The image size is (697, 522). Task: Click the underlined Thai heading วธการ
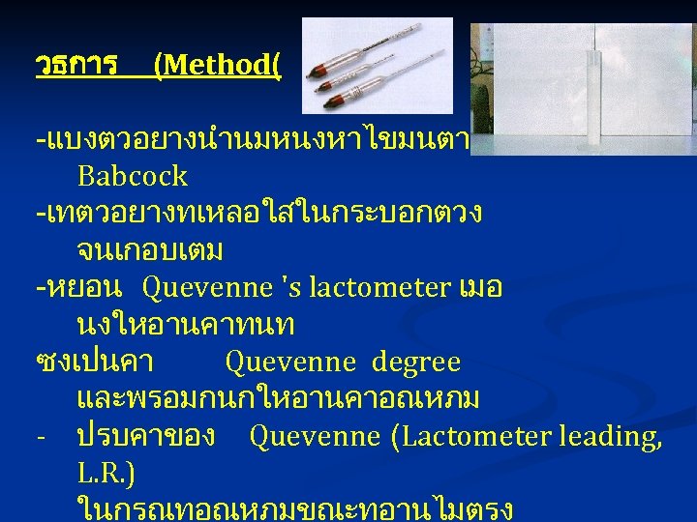pyautogui.click(x=76, y=66)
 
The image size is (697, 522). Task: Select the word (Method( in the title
pyautogui.click(x=217, y=66)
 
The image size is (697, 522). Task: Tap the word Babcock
pyautogui.click(x=132, y=177)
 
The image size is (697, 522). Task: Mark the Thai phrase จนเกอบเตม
pyautogui.click(x=150, y=251)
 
